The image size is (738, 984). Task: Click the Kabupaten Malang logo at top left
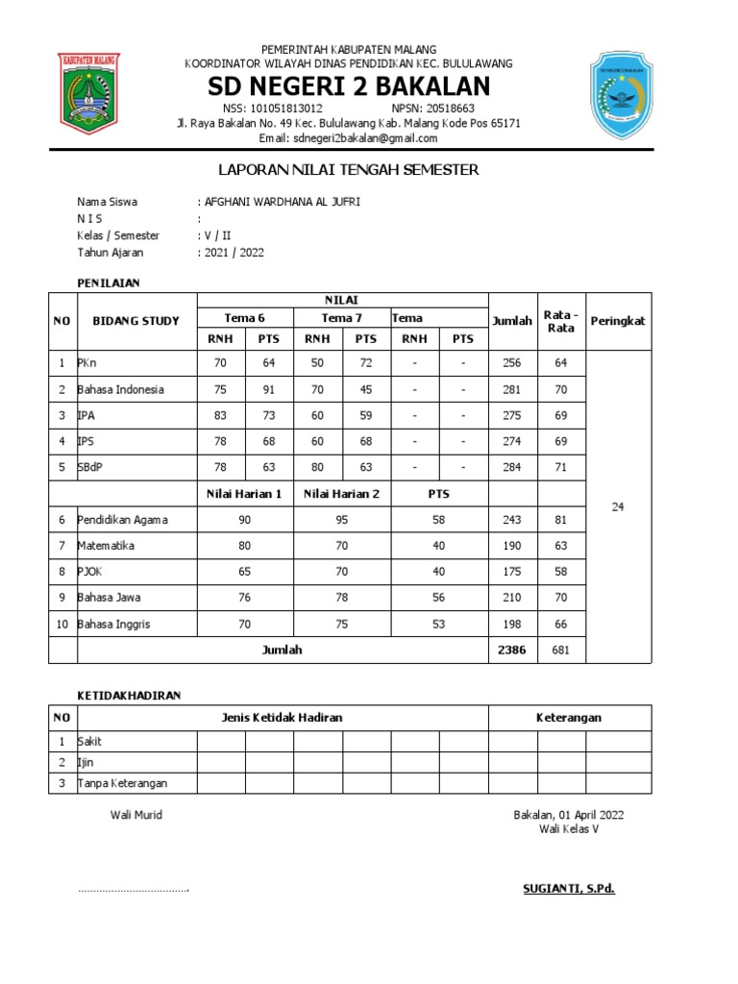(89, 94)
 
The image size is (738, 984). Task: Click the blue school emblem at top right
(622, 95)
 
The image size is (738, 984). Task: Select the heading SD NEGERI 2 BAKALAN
(349, 86)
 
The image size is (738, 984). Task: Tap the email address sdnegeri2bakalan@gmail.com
(348, 138)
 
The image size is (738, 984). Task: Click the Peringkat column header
(618, 321)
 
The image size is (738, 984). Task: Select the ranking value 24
(618, 506)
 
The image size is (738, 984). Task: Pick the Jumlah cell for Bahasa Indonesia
(512, 389)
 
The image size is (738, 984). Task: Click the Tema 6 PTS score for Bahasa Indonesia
(268, 389)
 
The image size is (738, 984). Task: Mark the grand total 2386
(512, 650)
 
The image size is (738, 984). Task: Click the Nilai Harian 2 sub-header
(341, 494)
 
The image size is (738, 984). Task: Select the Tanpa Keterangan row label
(122, 782)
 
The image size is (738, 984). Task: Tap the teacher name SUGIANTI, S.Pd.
(562, 889)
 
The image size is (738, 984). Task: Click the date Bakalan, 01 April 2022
(569, 815)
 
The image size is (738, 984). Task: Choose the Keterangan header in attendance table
(570, 718)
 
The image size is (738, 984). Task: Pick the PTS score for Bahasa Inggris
(438, 625)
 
